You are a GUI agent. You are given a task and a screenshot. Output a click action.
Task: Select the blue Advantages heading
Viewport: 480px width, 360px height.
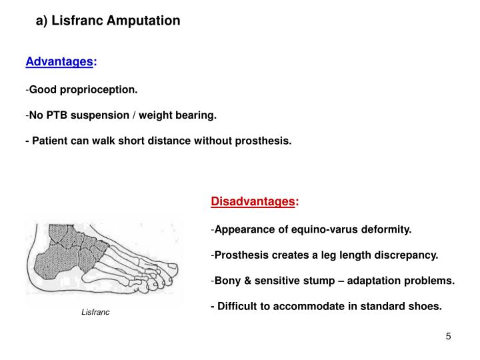pyautogui.click(x=60, y=62)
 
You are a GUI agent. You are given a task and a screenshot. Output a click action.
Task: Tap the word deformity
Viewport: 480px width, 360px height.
pyautogui.click(x=388, y=230)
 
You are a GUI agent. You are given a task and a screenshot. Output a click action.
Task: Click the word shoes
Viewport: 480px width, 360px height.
pyautogui.click(x=427, y=307)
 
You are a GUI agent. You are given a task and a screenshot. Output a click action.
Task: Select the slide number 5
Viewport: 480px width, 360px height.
pyautogui.click(x=449, y=336)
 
